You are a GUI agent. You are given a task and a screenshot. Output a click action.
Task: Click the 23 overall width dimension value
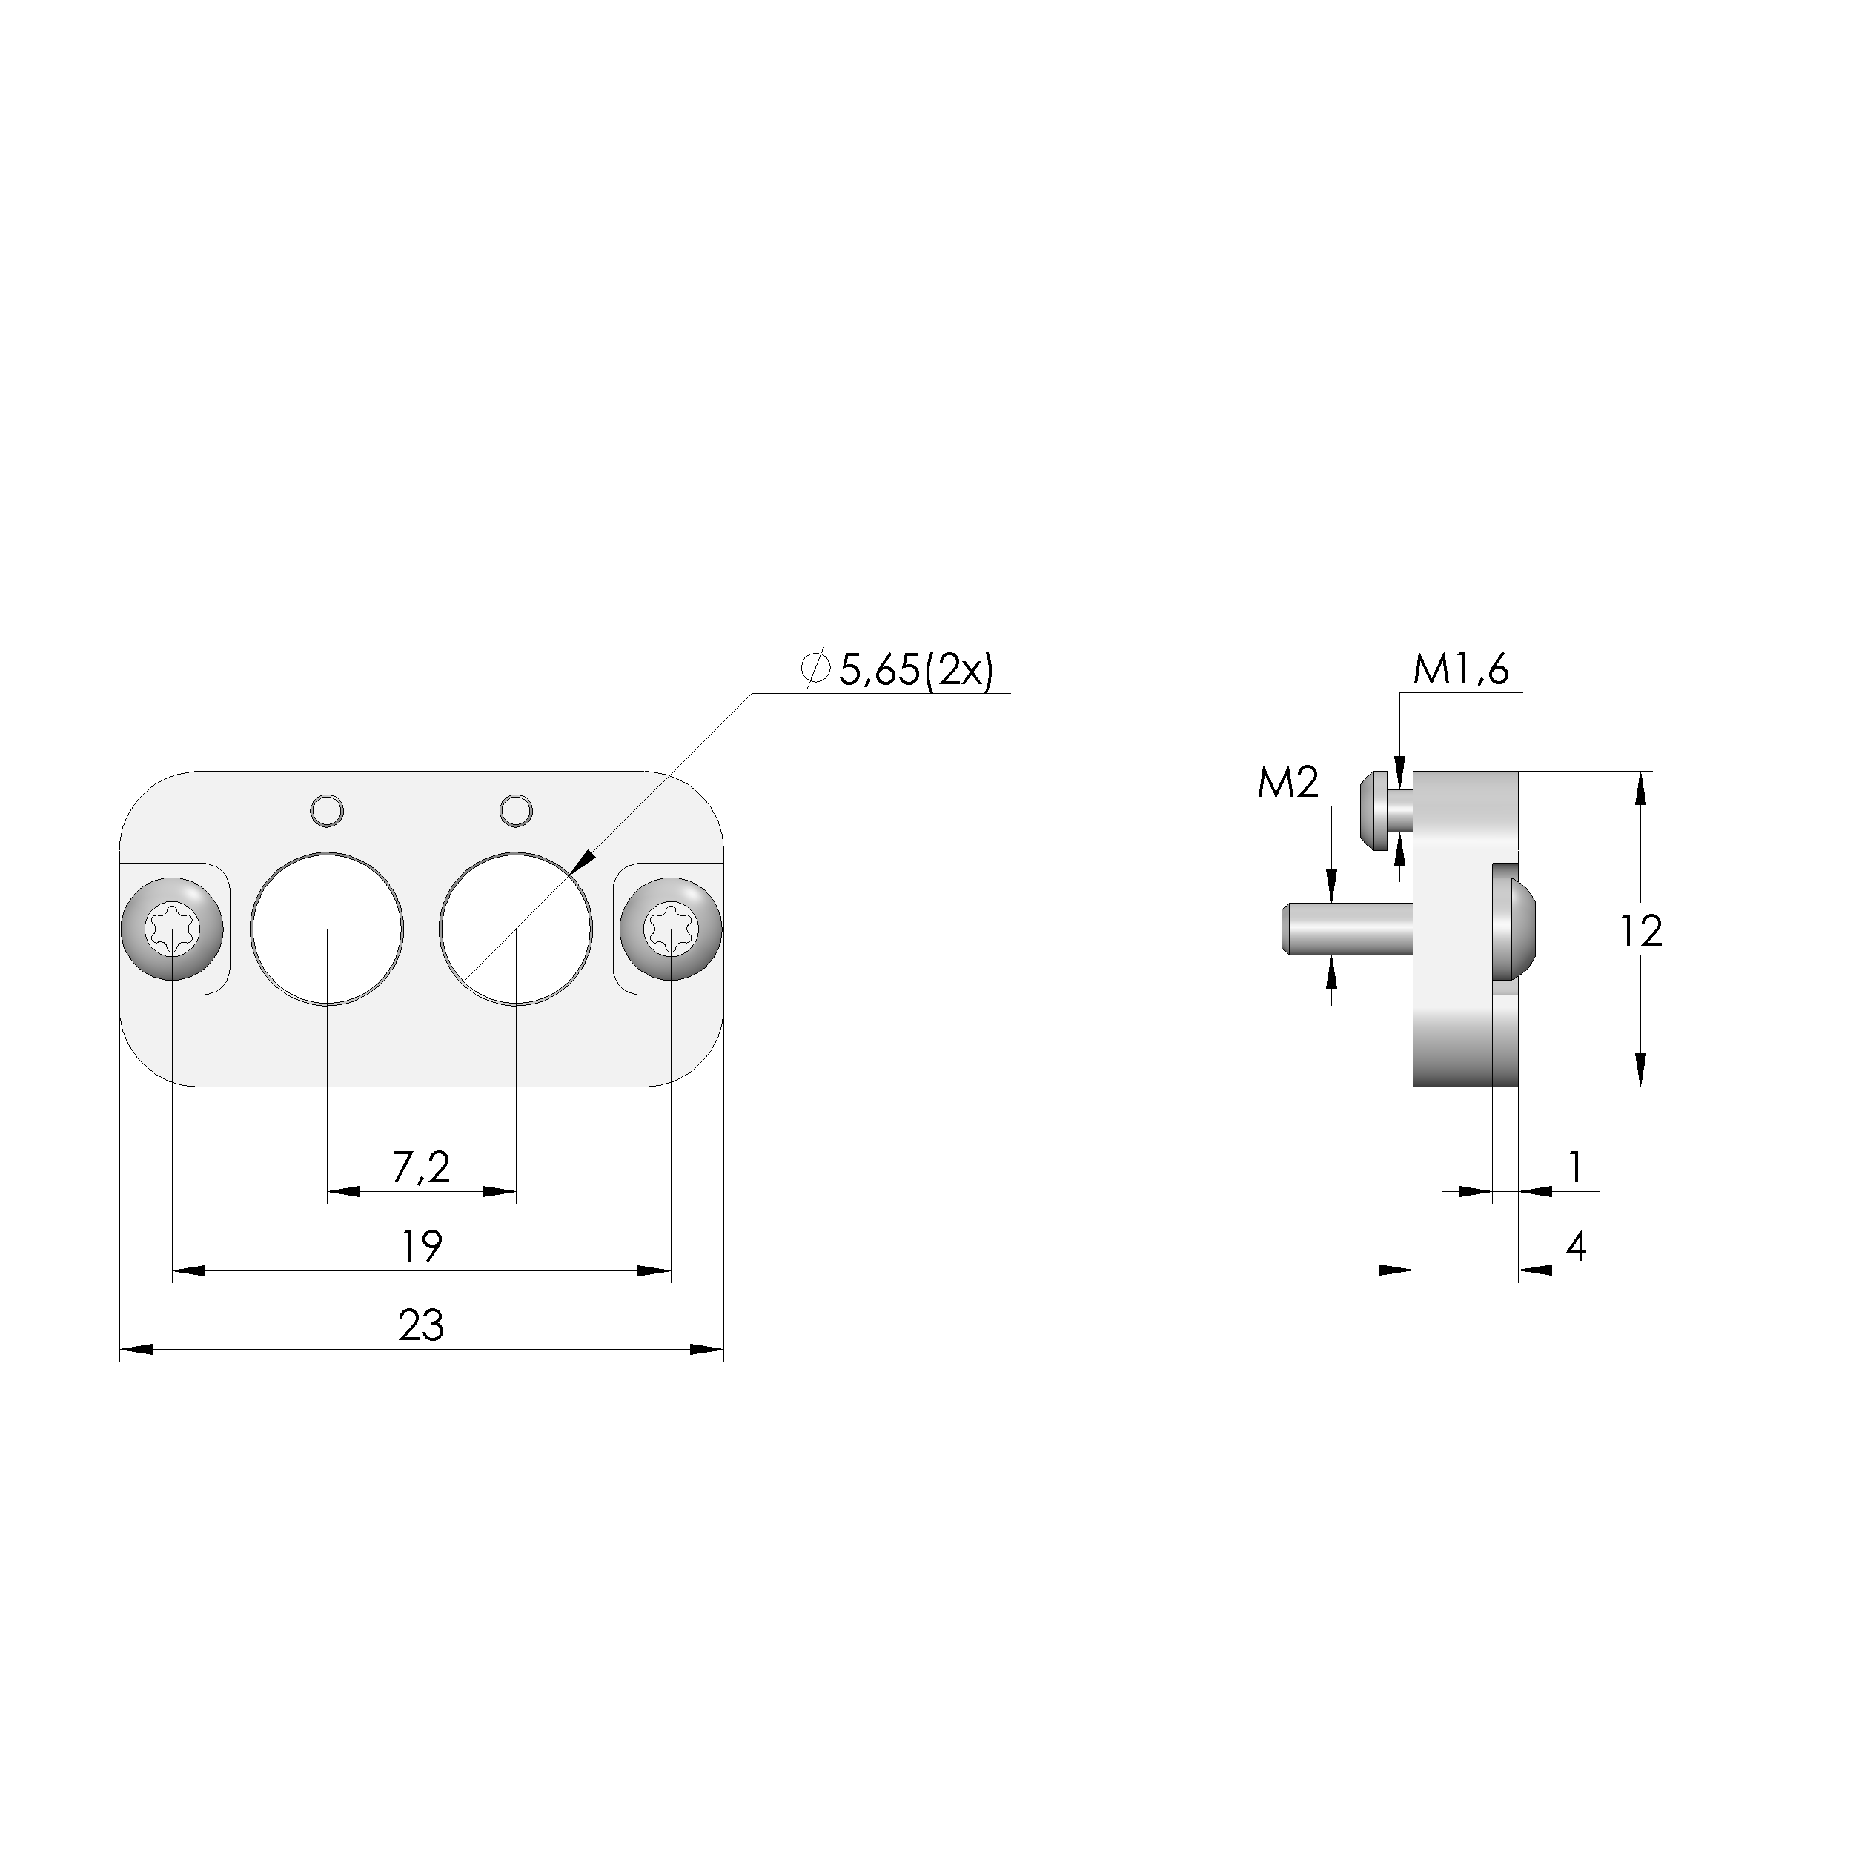click(x=421, y=1327)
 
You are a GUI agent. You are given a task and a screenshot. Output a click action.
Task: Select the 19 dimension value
click(x=421, y=1247)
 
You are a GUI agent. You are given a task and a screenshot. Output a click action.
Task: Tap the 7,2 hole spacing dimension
click(x=421, y=1168)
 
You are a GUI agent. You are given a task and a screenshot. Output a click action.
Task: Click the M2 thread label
click(x=1288, y=784)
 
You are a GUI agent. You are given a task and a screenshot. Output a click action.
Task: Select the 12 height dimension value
click(x=1641, y=931)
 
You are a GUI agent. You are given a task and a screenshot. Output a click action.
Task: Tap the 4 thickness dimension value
click(x=1576, y=1247)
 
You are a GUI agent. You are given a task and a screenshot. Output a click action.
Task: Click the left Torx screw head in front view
click(x=172, y=929)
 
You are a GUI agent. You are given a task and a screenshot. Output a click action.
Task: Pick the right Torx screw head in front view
click(x=671, y=929)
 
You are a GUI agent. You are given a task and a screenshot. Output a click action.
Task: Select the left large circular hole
click(x=327, y=928)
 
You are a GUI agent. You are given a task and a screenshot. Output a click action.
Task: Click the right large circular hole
click(x=516, y=928)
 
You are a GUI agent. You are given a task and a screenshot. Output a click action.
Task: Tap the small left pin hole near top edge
click(x=327, y=810)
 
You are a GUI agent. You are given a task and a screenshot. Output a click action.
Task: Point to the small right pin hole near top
click(x=516, y=810)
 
